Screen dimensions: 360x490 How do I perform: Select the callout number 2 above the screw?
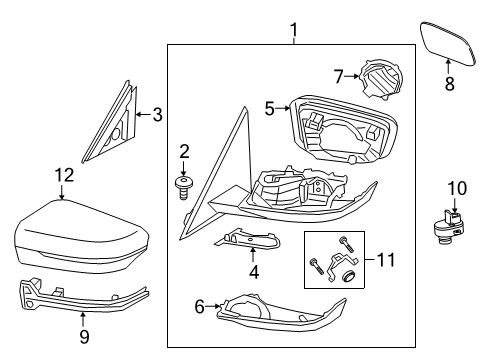coord(183,151)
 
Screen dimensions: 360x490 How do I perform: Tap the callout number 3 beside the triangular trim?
coord(157,114)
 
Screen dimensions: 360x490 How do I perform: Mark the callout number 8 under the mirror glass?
coord(449,85)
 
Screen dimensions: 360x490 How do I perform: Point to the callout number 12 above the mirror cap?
coord(63,175)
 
